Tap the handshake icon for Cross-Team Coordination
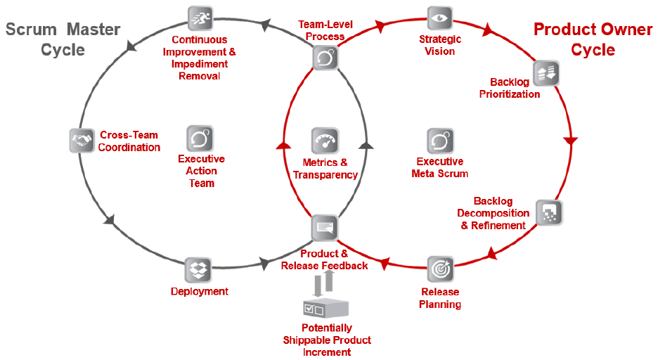[x=82, y=140]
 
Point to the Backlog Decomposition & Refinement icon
[x=549, y=212]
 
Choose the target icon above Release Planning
[x=440, y=269]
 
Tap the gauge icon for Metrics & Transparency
[x=325, y=141]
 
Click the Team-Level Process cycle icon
[x=325, y=57]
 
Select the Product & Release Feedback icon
[x=324, y=228]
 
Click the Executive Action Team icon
[x=200, y=139]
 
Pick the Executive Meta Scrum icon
[x=440, y=141]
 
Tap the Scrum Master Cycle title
[x=63, y=40]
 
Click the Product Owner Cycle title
[x=593, y=40]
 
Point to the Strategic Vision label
[x=439, y=45]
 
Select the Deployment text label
[x=200, y=291]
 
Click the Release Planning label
[x=440, y=298]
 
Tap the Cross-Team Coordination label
[x=129, y=141]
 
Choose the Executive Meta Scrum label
[x=440, y=167]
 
